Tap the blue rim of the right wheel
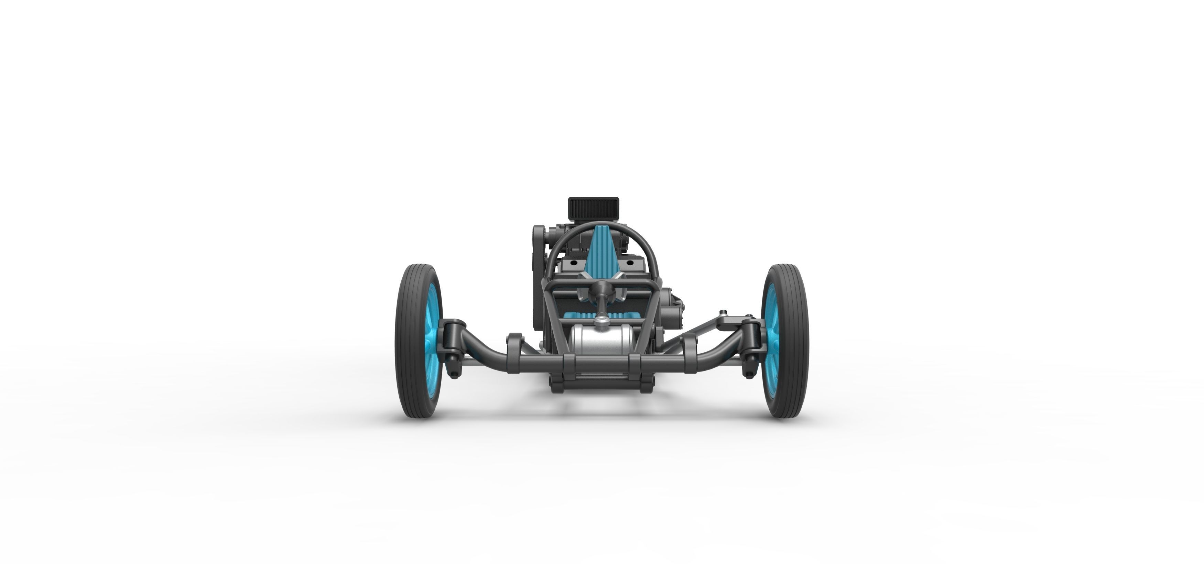click(x=769, y=341)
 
